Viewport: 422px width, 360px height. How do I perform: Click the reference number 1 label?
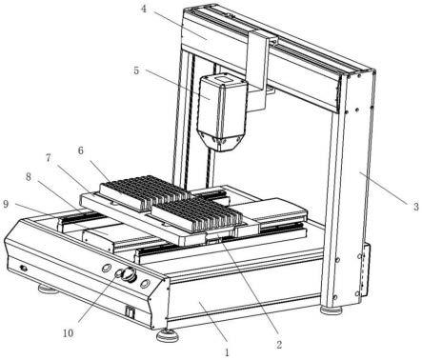227,351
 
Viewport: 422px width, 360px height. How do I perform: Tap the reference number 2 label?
279,344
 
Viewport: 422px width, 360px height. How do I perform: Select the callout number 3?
415,207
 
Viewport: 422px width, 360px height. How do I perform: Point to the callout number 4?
144,9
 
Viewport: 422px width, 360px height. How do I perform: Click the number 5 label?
136,70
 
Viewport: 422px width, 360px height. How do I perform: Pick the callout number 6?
81,150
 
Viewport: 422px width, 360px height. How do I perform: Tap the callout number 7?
48,158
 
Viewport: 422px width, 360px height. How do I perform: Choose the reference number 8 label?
29,177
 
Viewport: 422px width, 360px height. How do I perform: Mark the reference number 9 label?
6,204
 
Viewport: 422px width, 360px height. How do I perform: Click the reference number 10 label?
68,333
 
